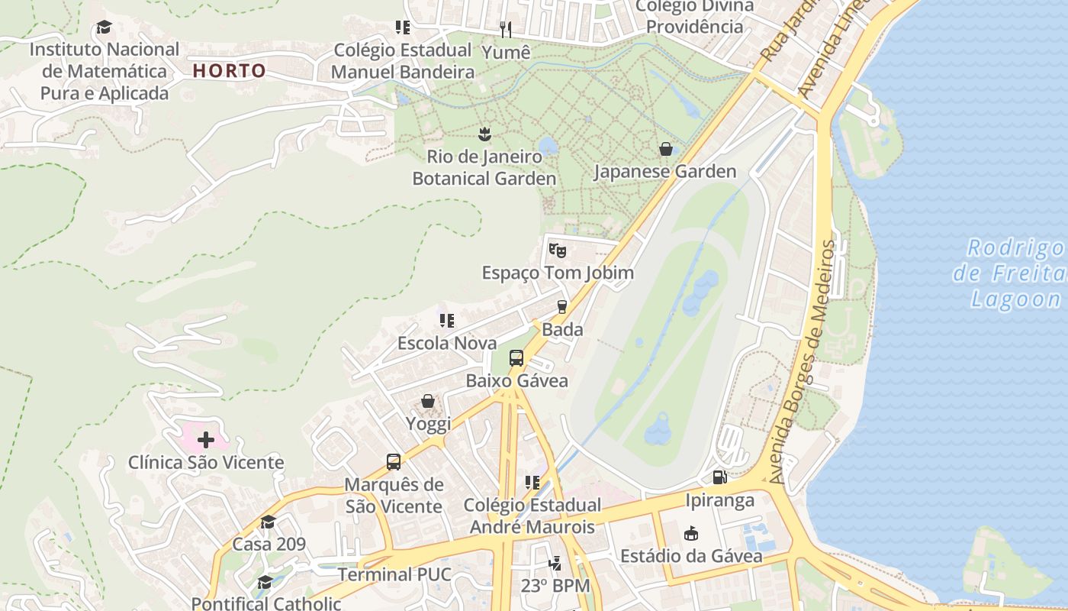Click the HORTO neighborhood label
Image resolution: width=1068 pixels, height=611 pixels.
pos(229,71)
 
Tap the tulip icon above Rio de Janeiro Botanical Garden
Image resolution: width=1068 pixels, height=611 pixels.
pos(484,135)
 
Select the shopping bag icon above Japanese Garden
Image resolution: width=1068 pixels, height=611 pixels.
pos(666,149)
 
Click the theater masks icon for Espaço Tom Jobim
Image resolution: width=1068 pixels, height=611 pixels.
pos(558,250)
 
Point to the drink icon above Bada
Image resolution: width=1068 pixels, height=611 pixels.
pos(562,307)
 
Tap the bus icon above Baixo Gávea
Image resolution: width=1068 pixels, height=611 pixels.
pos(516,357)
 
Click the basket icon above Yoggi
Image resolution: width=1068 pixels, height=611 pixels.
pos(428,401)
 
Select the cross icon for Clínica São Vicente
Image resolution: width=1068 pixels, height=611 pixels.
pos(205,440)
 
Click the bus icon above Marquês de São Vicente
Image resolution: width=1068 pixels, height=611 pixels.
pos(394,462)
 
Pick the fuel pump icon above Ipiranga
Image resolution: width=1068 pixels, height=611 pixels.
pos(719,478)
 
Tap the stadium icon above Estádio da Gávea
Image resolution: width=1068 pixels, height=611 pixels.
pos(691,533)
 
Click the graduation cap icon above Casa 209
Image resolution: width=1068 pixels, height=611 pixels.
pos(269,522)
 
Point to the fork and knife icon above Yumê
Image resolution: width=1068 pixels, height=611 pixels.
pos(506,30)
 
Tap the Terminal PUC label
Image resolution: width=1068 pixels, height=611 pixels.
pos(394,574)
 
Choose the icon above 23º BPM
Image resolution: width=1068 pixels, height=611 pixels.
pos(555,564)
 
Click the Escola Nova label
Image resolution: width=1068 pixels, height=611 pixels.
pos(447,343)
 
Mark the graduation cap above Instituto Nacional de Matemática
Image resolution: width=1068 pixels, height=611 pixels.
pos(104,27)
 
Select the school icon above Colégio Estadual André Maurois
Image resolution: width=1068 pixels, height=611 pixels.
pos(532,483)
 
